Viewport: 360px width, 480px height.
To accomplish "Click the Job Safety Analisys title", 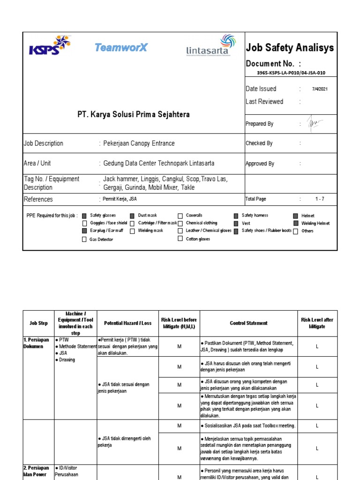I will click(290, 47).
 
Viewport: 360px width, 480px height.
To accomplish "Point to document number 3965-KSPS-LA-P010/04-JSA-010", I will click(291, 73).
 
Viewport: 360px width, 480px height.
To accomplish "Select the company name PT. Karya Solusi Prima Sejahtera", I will click(134, 114).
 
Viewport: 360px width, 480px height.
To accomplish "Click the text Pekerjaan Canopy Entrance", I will click(139, 143).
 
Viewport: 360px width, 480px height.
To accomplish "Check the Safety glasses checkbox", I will click(84, 216).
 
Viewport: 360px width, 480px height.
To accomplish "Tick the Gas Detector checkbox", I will click(84, 240).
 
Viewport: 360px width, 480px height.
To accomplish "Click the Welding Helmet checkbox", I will click(295, 224).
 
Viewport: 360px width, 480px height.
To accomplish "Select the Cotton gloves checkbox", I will click(180, 239).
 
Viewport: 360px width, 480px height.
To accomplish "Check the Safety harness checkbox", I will click(236, 216).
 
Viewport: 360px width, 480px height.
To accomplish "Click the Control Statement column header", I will click(248, 323).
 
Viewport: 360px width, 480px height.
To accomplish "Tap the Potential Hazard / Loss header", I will click(127, 323).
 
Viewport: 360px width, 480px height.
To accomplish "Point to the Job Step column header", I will click(39, 323).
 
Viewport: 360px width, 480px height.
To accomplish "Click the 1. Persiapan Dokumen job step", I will click(36, 343).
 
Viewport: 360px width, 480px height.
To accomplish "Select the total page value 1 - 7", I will click(320, 199).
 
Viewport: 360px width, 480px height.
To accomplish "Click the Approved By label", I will click(260, 164).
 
